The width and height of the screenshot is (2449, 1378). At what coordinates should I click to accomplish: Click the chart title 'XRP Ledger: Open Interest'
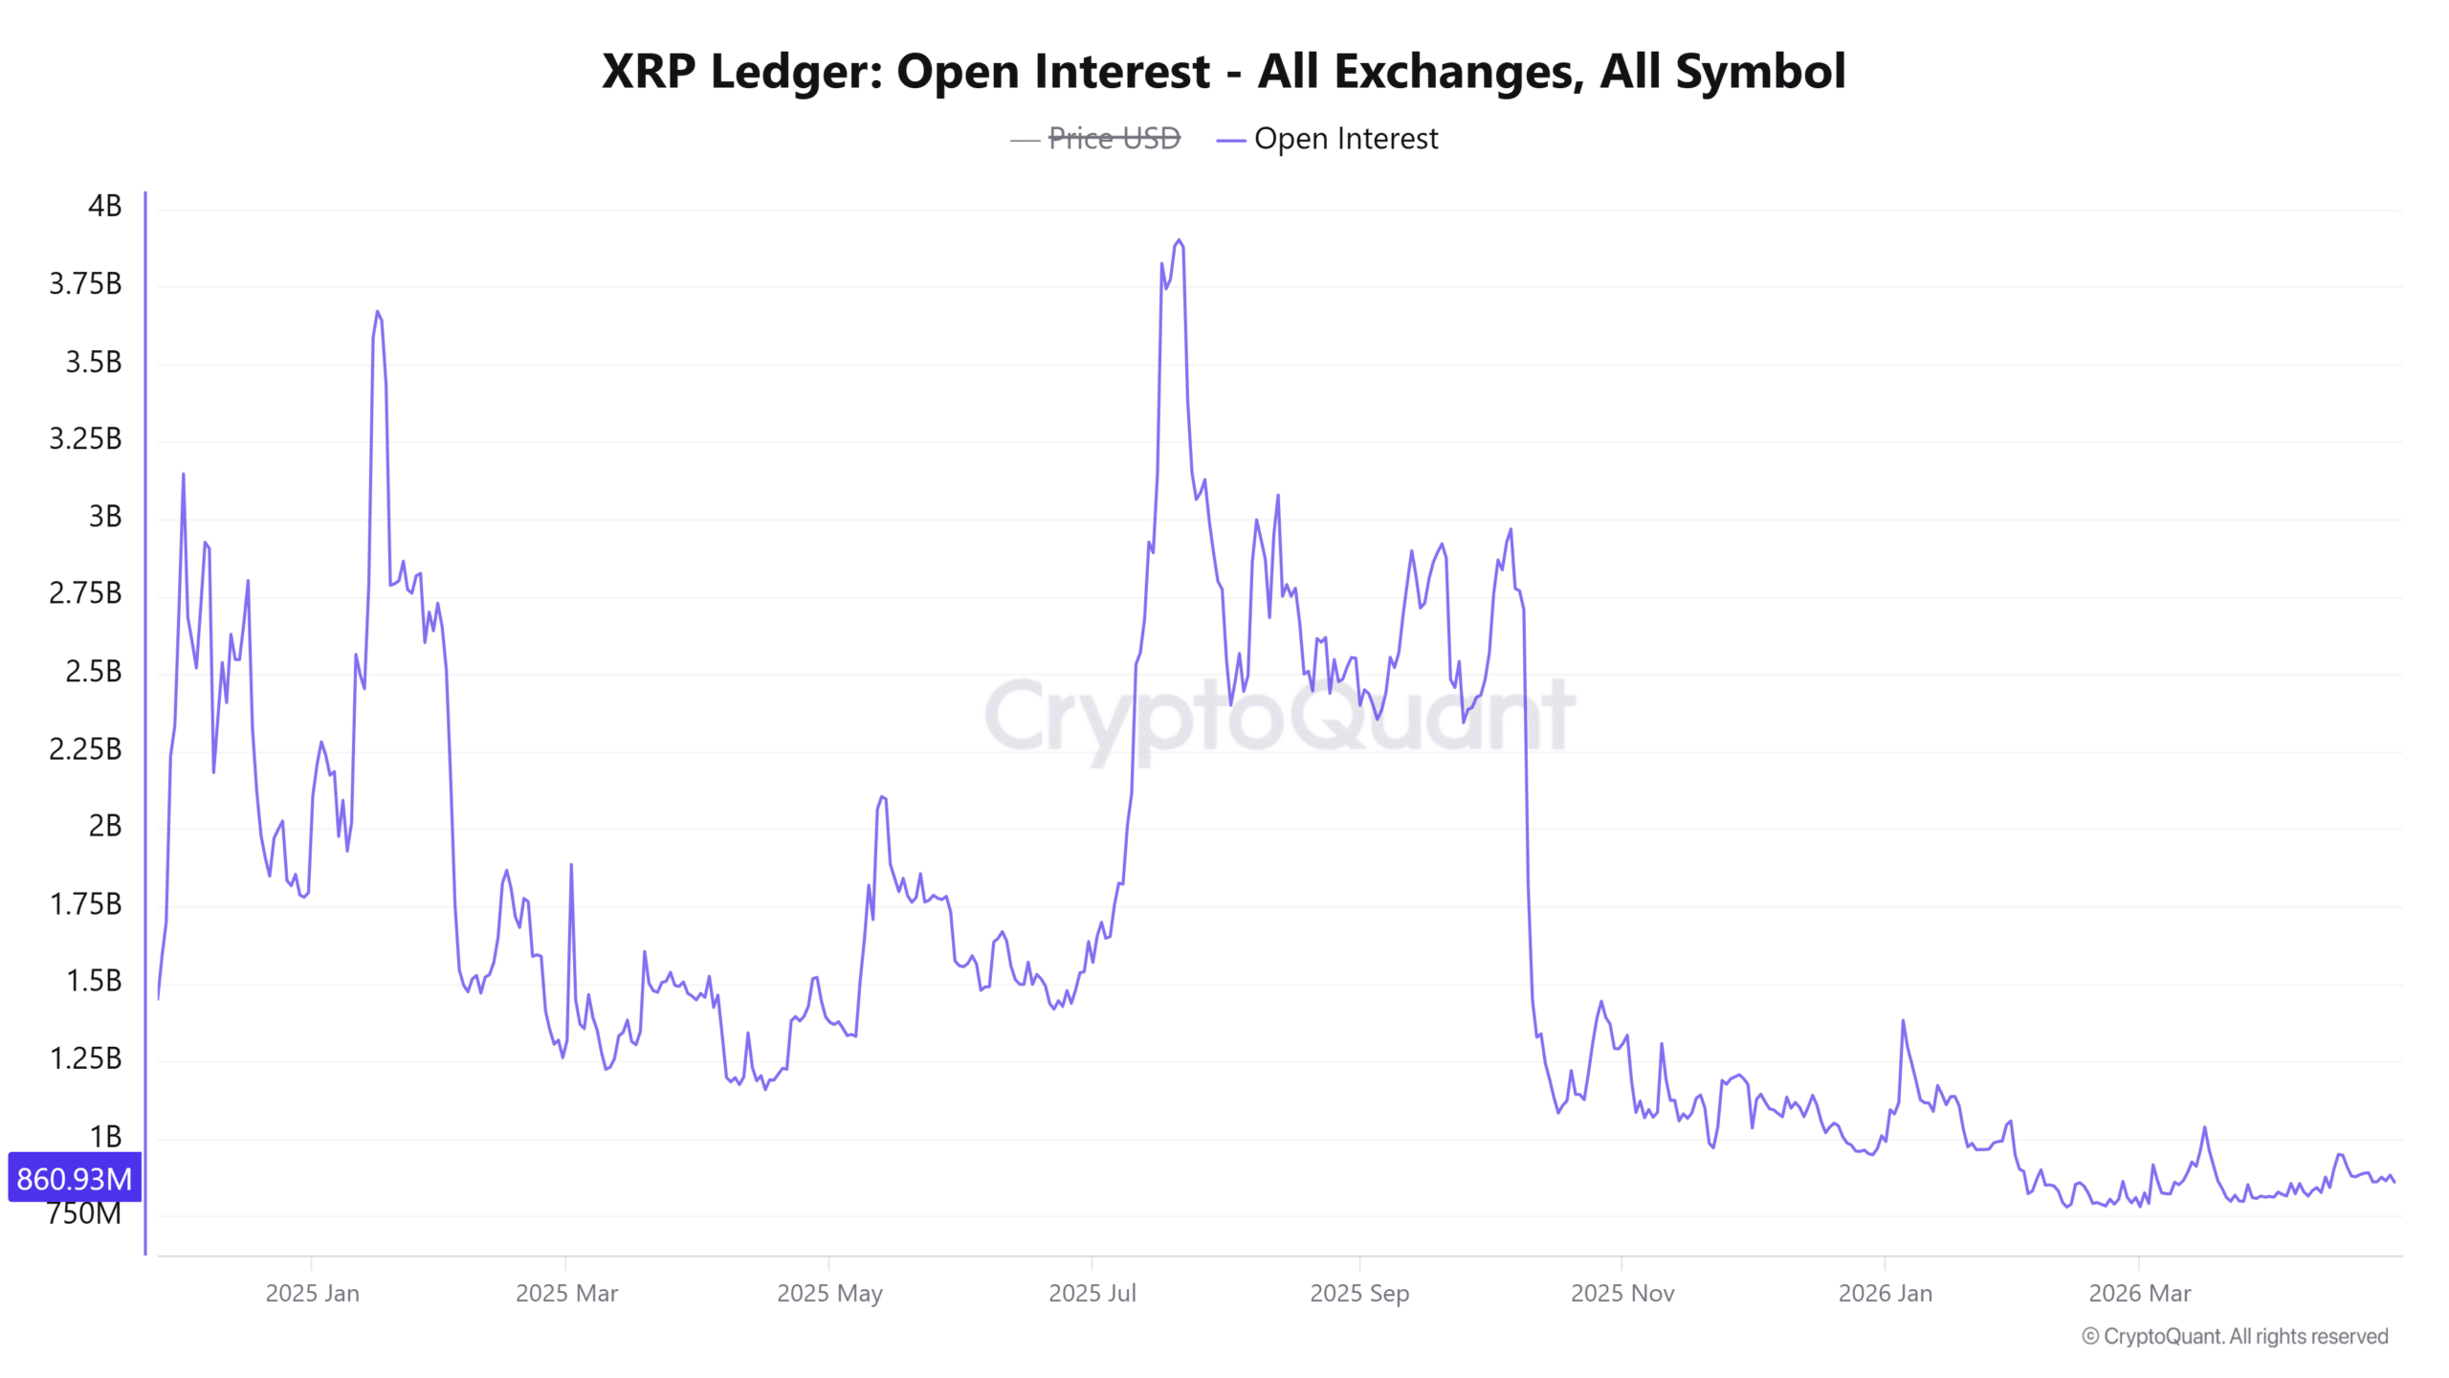pyautogui.click(x=1223, y=72)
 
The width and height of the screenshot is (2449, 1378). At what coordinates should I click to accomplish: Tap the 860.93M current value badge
pyautogui.click(x=75, y=1178)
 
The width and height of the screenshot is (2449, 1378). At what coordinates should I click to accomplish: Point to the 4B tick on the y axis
pyautogui.click(x=104, y=206)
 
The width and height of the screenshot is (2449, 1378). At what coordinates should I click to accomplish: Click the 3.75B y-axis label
pyautogui.click(x=85, y=284)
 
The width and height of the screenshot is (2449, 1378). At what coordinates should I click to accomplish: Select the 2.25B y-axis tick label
pyautogui.click(x=85, y=748)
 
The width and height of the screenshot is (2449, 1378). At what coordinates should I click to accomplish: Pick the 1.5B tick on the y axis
pyautogui.click(x=93, y=981)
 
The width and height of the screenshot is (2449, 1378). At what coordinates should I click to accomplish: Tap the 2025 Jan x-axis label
pyautogui.click(x=312, y=1293)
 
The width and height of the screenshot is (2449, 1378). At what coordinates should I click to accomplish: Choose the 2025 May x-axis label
pyautogui.click(x=828, y=1293)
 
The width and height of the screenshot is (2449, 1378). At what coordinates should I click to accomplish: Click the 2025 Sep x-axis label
pyautogui.click(x=1358, y=1293)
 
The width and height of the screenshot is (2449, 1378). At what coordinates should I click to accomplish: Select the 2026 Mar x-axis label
pyautogui.click(x=2139, y=1293)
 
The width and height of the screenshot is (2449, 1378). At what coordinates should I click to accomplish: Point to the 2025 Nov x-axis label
pyautogui.click(x=1622, y=1293)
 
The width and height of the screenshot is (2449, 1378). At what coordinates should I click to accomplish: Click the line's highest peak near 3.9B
pyautogui.click(x=1179, y=241)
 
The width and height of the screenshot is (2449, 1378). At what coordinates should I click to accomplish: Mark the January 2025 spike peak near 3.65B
pyautogui.click(x=378, y=312)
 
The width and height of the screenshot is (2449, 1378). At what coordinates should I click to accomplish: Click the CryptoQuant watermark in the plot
pyautogui.click(x=1279, y=716)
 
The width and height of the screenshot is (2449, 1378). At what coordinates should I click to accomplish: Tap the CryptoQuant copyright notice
pyautogui.click(x=2235, y=1336)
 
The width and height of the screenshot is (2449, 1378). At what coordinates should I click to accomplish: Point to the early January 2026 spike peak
pyautogui.click(x=1903, y=1021)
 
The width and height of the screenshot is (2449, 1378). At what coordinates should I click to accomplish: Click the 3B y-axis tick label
pyautogui.click(x=104, y=517)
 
